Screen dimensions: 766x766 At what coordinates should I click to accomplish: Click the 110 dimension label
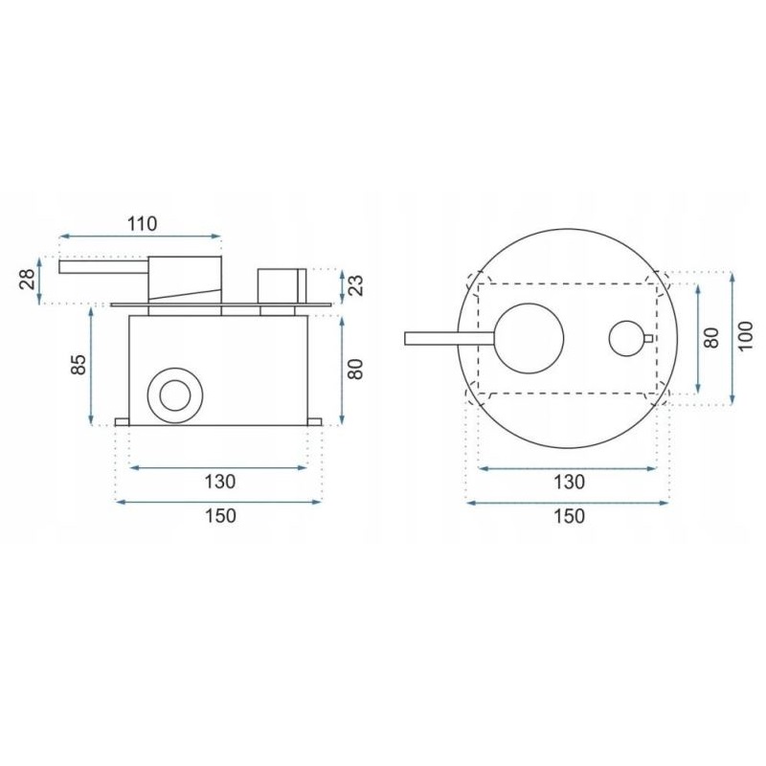[x=142, y=224]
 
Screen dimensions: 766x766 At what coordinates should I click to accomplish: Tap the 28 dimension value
[x=30, y=280]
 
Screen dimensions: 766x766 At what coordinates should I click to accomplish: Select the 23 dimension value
[x=357, y=285]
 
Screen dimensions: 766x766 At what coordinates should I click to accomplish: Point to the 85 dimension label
[x=79, y=364]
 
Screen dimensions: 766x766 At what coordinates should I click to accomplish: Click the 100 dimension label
[x=746, y=336]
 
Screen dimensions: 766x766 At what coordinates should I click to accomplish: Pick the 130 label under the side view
[x=220, y=482]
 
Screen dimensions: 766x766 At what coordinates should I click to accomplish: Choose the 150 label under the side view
[x=220, y=515]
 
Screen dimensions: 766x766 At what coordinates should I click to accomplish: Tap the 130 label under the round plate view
[x=569, y=483]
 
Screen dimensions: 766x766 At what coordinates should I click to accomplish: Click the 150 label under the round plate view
[x=569, y=516]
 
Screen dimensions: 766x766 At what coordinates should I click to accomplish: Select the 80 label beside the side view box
[x=357, y=369]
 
